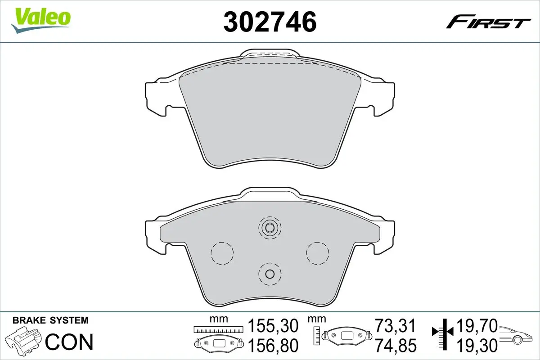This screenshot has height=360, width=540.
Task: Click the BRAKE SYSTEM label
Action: click(x=50, y=321)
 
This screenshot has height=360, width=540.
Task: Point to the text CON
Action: click(x=70, y=342)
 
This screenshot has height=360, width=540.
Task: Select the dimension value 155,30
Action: click(x=273, y=325)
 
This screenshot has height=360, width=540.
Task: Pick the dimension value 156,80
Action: click(x=273, y=345)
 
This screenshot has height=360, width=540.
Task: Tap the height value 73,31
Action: click(x=396, y=325)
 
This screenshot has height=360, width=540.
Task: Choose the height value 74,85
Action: click(x=396, y=345)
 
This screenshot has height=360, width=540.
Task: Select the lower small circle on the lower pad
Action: click(x=270, y=274)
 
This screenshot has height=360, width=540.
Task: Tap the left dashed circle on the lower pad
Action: click(x=222, y=253)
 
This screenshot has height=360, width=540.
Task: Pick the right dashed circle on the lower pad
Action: click(x=317, y=253)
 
